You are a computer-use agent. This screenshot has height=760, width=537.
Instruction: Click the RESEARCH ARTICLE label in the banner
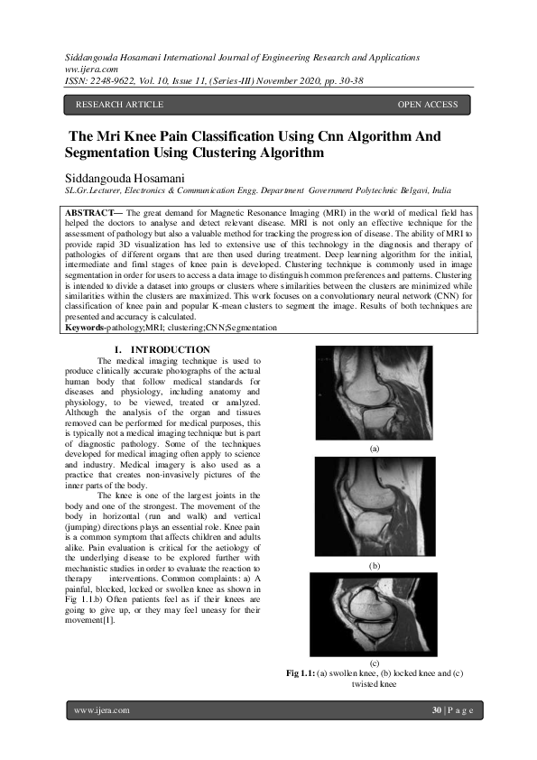119,105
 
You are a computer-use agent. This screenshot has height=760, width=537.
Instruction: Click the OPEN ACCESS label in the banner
428,105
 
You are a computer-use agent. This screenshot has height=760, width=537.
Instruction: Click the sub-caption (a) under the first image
374,448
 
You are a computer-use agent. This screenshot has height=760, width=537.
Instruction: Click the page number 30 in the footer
437,710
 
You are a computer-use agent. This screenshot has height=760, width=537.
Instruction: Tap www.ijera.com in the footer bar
102,710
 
